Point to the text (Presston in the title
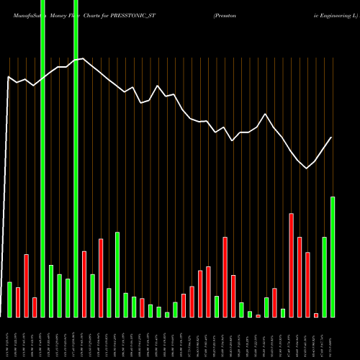click(228, 14)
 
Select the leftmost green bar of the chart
click(9, 300)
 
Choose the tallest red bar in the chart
click(291, 265)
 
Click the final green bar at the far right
click(333, 256)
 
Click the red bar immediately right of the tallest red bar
click(300, 276)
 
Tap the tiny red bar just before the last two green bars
click(316, 315)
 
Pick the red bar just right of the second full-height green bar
click(84, 284)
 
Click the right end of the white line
click(332, 137)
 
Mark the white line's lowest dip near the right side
click(307, 168)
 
